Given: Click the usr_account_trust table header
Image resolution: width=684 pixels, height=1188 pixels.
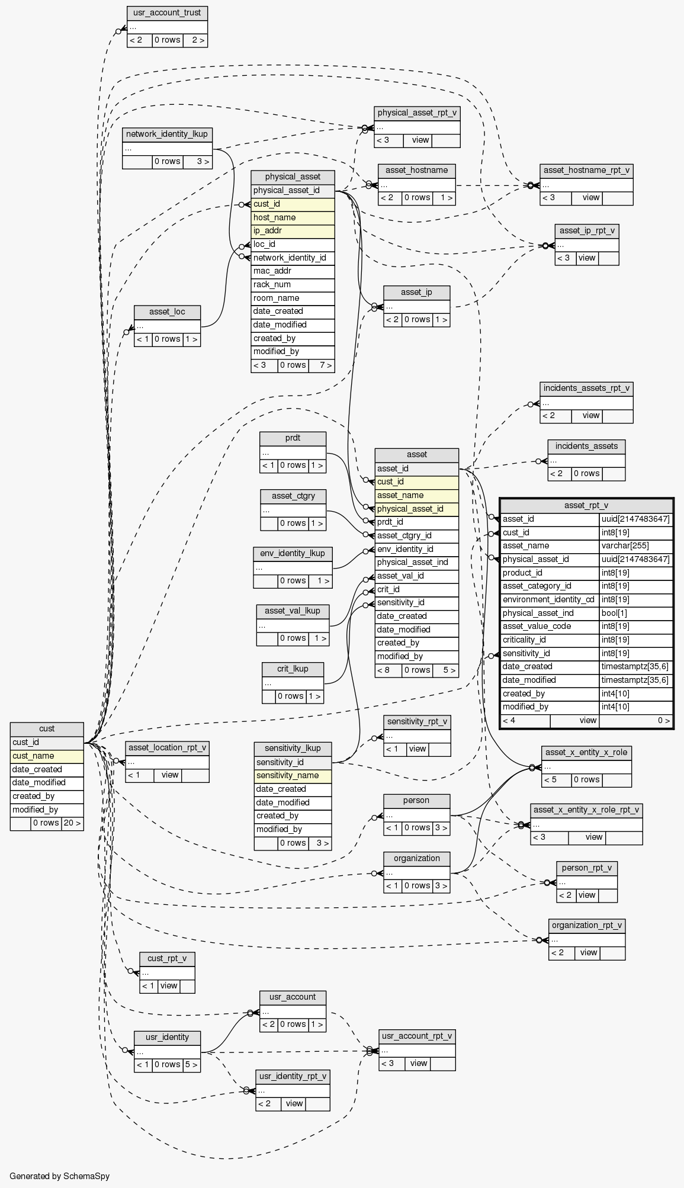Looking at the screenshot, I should point(167,12).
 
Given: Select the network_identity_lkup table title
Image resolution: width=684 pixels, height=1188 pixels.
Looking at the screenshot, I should point(167,134).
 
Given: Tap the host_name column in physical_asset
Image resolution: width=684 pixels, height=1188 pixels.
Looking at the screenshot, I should point(293,217).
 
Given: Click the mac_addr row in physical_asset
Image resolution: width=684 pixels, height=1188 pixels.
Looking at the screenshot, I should point(293,271).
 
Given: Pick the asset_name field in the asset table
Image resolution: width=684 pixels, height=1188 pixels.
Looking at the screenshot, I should point(416,495).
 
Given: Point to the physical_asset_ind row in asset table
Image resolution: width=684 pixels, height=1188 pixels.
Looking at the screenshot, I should point(416,563).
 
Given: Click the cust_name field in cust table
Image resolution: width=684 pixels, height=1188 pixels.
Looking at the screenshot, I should point(47,756).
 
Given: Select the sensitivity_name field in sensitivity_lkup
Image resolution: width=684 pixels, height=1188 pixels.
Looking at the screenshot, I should point(293,776).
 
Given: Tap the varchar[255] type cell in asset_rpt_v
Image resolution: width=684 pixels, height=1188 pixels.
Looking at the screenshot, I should point(636,546).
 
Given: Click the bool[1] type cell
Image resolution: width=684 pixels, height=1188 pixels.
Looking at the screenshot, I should point(636,613).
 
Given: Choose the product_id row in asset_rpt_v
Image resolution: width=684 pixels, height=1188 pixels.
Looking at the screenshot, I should point(550,573).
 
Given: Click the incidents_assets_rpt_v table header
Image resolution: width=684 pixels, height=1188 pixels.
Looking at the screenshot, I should point(586,389).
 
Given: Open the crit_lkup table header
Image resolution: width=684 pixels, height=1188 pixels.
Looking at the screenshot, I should point(293,669).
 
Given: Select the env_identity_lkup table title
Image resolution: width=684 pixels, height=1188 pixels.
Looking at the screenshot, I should point(293,553).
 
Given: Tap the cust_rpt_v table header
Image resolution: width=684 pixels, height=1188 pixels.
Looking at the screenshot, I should point(167,958).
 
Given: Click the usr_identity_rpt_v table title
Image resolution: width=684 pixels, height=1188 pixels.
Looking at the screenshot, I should point(293,1076).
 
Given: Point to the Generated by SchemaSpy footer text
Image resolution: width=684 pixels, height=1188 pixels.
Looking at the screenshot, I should point(60,1176).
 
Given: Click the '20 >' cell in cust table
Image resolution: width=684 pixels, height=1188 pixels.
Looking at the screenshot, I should point(72,823).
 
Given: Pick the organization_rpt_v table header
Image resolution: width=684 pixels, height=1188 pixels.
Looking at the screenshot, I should point(586,926).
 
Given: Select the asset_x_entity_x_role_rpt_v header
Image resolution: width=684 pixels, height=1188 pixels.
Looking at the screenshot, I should point(586,810).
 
